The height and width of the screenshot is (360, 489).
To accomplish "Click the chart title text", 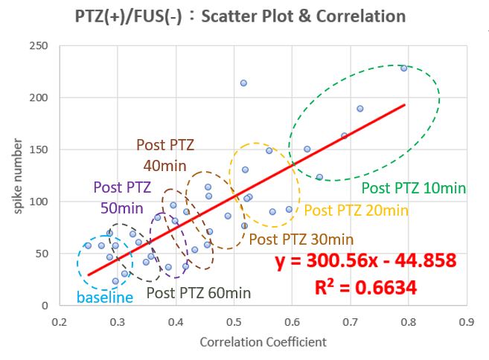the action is coord(240,16).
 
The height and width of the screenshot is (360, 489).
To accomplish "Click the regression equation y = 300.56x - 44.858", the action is coord(365,260).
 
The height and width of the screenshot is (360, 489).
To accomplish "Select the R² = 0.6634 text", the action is coord(365,287).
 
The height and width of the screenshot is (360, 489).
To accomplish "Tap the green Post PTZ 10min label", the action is coord(414,188).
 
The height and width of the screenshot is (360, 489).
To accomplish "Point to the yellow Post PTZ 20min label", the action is coord(357,210).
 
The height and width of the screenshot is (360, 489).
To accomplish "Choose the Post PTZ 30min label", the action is coord(301,240).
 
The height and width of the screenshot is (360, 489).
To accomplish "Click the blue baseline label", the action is coord(105,298).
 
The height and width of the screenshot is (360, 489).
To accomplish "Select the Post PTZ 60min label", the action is coord(199,293).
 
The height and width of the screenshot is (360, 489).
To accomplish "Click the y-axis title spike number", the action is coord(18,176).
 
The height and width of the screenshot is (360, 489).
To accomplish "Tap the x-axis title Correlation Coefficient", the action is coord(263,342).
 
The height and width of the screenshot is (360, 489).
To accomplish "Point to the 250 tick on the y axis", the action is coord(39,46).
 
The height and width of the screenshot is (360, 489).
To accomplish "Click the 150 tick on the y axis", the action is coord(39,150).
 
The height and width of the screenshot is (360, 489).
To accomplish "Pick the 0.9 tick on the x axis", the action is coord(467,322).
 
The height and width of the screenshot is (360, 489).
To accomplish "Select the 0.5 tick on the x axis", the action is coord(234,322).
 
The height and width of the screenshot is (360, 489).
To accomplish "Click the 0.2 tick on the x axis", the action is coord(60,322).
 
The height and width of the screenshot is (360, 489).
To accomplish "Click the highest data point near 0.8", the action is coord(404,68).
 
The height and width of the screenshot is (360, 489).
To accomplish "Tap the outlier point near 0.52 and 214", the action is coord(243,83).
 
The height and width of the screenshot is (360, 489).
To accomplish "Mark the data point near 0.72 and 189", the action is coord(360,109).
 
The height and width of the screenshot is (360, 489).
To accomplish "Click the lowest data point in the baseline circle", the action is coord(115,281).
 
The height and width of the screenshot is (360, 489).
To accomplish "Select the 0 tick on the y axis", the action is coord(45,306).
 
